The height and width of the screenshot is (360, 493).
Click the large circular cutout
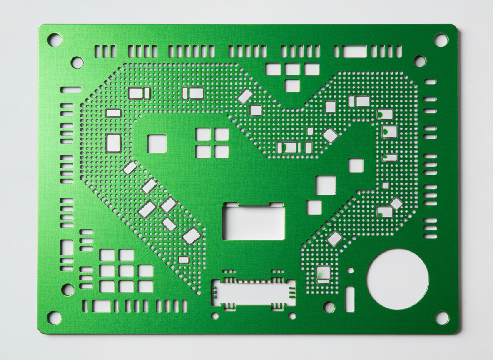(x=398, y=279)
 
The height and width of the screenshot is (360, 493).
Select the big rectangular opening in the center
(x=254, y=222)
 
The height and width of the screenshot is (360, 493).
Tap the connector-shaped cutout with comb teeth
(x=254, y=291)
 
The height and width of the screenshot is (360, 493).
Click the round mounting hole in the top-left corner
(x=55, y=40)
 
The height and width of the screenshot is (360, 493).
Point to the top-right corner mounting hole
(x=441, y=40)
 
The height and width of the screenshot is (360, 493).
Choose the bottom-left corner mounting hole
(x=54, y=317)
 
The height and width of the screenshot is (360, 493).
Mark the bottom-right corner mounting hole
(x=442, y=317)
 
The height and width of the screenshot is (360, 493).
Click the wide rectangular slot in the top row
(x=354, y=52)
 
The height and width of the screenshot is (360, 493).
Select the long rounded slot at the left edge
(x=71, y=90)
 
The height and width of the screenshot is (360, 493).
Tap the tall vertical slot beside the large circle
(x=350, y=299)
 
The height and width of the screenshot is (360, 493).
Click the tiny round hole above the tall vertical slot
(x=351, y=270)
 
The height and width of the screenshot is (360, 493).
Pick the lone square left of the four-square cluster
(x=157, y=144)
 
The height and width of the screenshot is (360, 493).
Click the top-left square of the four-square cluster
(x=203, y=134)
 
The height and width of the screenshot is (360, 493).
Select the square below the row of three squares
(x=293, y=86)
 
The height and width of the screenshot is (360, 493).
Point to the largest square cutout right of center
(x=326, y=185)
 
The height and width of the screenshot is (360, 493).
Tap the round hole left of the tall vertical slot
(x=329, y=307)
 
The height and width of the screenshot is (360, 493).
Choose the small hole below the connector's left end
(x=215, y=316)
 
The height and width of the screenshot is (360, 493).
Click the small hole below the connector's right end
(x=292, y=316)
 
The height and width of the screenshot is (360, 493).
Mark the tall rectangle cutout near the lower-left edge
(x=67, y=247)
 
